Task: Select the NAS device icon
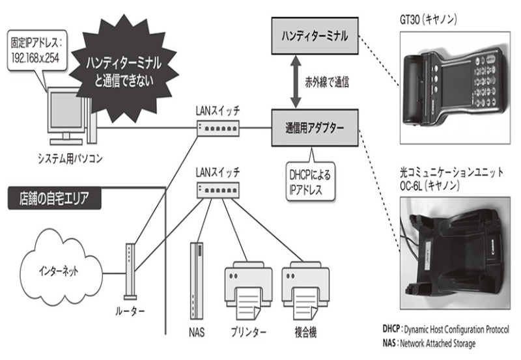(x=197, y=280)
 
